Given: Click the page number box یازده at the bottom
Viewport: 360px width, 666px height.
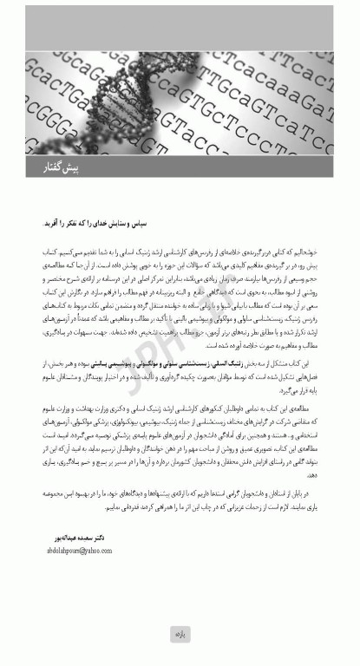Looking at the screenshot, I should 180,636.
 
